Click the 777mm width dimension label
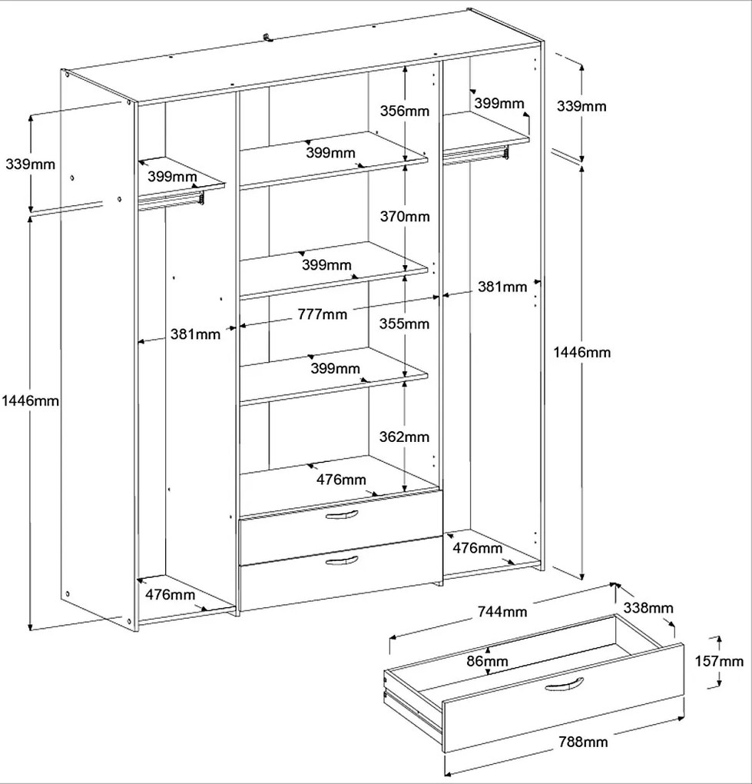(323, 314)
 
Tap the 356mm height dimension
(405, 111)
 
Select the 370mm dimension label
(405, 217)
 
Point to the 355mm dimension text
(405, 324)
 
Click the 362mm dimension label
(405, 437)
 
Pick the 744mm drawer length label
(502, 612)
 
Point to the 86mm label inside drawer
(486, 661)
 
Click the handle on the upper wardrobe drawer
(342, 516)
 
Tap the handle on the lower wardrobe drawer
(342, 561)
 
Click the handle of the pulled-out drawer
(565, 685)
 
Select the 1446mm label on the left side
(30, 400)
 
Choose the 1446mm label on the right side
(581, 352)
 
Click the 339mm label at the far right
(581, 105)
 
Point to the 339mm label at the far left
(30, 164)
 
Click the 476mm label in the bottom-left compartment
(170, 594)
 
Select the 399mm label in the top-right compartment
(499, 103)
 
